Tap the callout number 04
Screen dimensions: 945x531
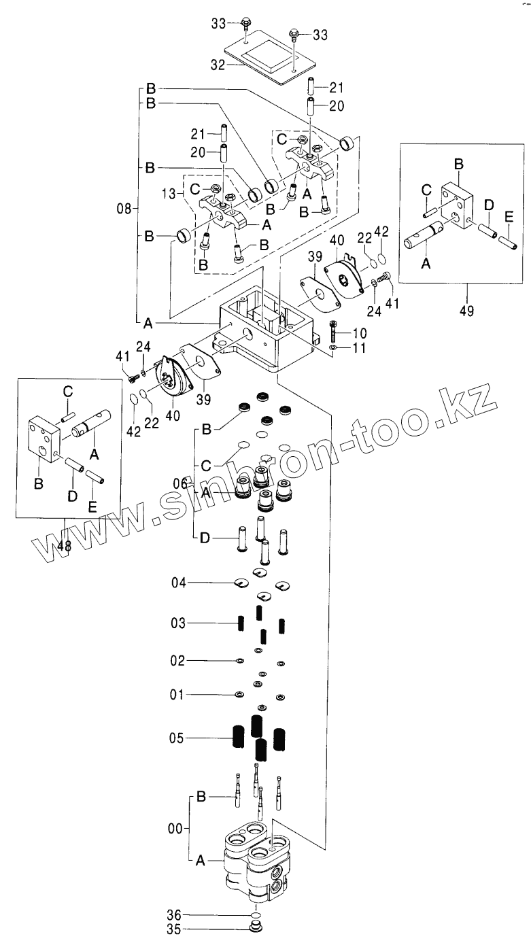[x=178, y=583]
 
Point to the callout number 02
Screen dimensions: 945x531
[x=178, y=660]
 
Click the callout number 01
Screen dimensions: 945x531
[x=178, y=694]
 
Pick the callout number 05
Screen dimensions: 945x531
[x=178, y=738]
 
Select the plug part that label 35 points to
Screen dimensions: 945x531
[x=256, y=927]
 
